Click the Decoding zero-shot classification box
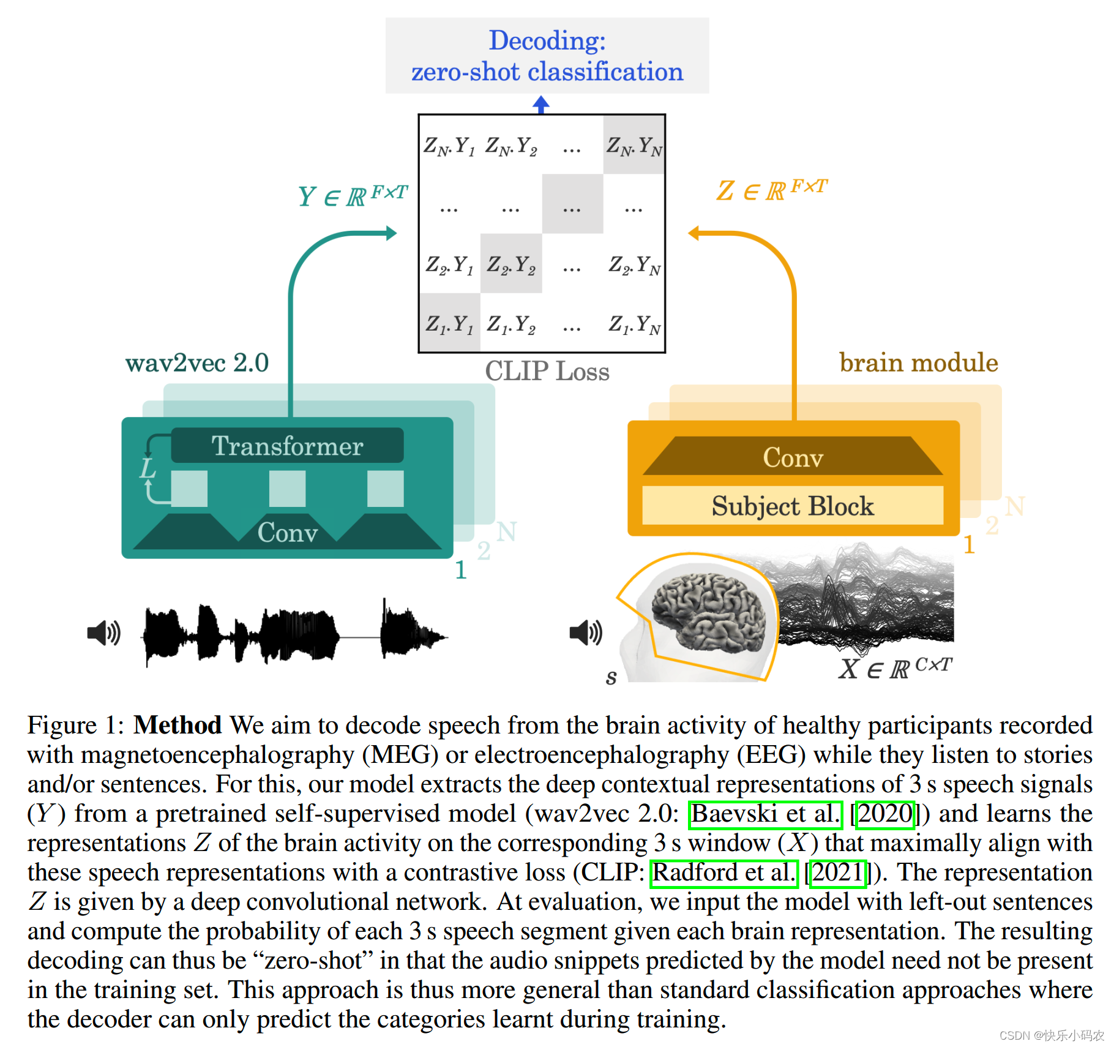(x=547, y=56)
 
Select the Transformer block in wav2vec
(x=287, y=446)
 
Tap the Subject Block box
(x=793, y=506)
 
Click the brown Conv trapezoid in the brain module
(x=793, y=457)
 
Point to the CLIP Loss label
(x=547, y=372)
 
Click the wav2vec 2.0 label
(x=196, y=363)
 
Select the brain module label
(x=918, y=362)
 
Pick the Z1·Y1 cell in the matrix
(x=449, y=323)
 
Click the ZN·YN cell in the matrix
(x=634, y=146)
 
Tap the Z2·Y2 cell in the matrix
(x=511, y=265)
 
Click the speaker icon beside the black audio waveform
(x=104, y=632)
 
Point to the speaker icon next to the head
(x=586, y=632)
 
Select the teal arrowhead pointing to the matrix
(x=391, y=233)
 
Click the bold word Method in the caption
(x=178, y=726)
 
